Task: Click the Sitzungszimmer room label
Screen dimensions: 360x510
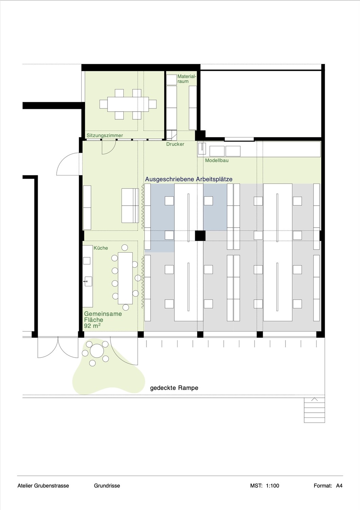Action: click(x=104, y=135)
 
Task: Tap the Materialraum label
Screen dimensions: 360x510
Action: click(x=187, y=79)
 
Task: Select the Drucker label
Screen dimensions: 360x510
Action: click(x=175, y=144)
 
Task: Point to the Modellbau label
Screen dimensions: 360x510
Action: click(x=217, y=160)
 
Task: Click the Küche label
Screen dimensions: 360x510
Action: click(x=101, y=248)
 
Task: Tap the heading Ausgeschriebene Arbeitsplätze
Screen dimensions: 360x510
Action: click(x=189, y=180)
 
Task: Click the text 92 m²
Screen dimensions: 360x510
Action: click(x=92, y=326)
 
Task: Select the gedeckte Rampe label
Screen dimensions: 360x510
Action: click(x=174, y=388)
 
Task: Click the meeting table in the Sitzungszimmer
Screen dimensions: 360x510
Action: click(x=128, y=104)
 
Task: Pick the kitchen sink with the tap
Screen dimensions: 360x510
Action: click(x=88, y=282)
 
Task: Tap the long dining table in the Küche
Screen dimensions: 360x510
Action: click(x=125, y=278)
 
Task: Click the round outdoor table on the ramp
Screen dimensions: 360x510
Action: click(x=97, y=351)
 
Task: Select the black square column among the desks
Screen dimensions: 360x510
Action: click(x=200, y=236)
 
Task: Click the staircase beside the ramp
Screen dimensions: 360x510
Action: click(x=314, y=410)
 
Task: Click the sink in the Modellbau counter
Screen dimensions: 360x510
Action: click(x=202, y=149)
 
